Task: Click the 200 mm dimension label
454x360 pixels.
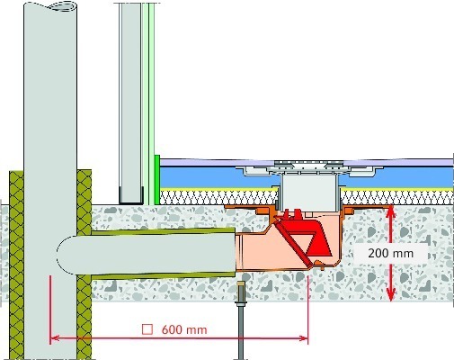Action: coord(390,254)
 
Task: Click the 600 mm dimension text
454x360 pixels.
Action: coord(184,329)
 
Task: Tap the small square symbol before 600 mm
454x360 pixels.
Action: coord(147,329)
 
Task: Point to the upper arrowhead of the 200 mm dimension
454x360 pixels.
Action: coord(390,211)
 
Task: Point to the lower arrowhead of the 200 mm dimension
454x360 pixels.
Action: coord(390,294)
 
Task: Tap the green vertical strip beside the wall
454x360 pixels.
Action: coord(157,180)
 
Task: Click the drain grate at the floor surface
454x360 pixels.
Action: coord(309,165)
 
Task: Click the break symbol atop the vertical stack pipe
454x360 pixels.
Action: coord(64,5)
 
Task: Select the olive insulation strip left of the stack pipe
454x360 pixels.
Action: coord(16,264)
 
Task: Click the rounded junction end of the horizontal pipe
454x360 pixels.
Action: coord(65,255)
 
